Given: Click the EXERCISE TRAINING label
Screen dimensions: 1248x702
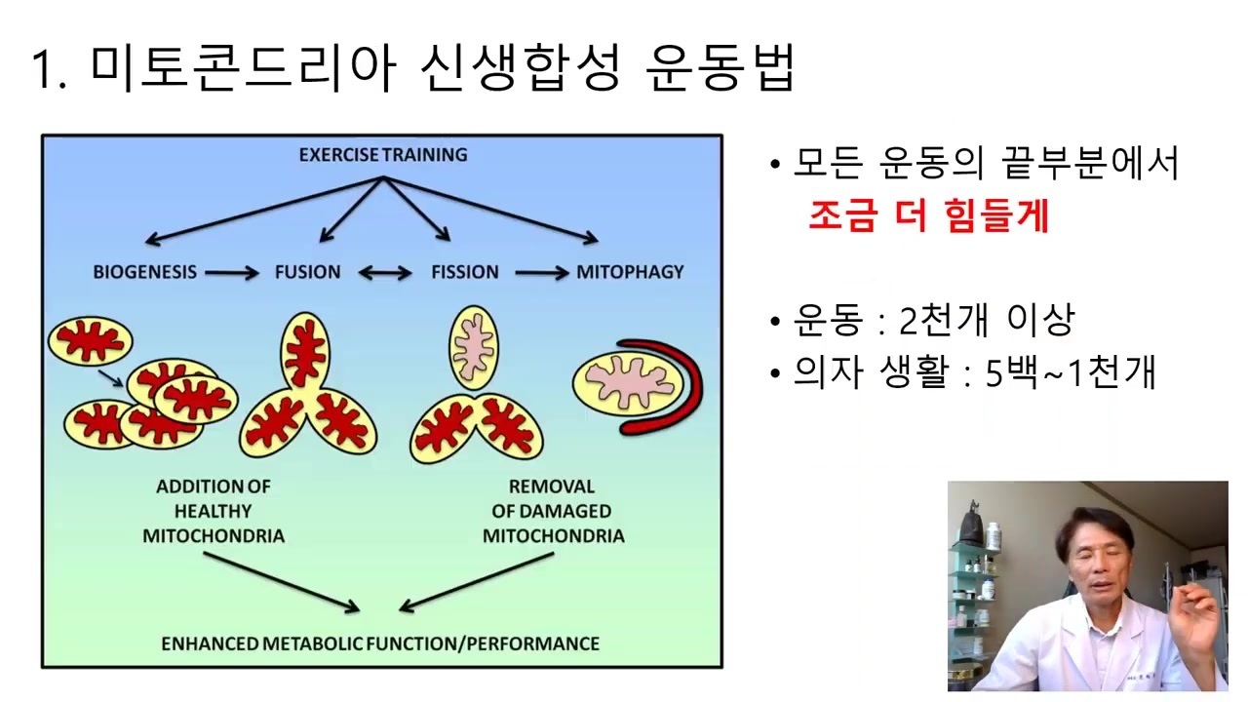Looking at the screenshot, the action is pos(383,154).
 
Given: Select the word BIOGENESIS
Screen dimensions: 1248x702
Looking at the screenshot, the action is pos(145,272).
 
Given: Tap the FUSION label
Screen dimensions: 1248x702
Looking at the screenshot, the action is pos(307,272).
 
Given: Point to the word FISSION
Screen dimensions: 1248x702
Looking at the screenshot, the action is pos(465,272).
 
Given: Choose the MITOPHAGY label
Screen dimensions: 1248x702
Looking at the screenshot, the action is pos(630,272).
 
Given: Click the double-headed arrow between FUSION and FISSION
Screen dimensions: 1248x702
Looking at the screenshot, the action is pos(385,273).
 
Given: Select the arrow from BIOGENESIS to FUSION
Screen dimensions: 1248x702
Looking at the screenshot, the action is pos(232,273).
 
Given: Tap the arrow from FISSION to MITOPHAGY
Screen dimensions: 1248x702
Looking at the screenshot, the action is pos(541,273).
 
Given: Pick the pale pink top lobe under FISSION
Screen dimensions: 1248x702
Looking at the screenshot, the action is pos(474,347).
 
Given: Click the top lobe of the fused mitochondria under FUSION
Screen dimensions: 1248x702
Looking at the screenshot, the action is pos(305,351).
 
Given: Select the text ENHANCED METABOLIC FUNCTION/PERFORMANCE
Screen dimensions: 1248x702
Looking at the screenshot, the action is pos(380,643).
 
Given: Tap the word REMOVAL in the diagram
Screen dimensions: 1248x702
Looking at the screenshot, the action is pos(552,487).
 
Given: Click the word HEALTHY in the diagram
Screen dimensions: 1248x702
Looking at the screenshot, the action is pos(213,511).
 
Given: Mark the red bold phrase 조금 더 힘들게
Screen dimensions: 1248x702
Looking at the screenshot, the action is pos(929,215).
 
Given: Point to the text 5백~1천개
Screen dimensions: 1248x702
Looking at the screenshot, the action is pos(1071,372).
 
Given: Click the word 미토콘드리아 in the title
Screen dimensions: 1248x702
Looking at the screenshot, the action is pos(243,68).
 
